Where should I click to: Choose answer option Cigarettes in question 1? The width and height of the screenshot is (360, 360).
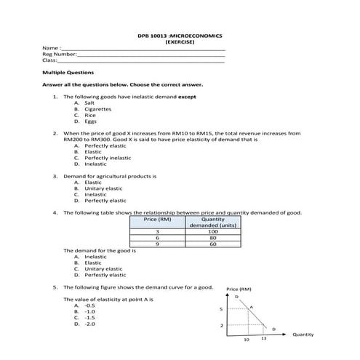(97, 109)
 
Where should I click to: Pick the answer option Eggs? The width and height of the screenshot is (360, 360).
(90, 121)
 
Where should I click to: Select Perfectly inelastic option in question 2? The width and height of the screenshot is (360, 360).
(108, 158)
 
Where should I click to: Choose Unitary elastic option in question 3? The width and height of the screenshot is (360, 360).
(103, 188)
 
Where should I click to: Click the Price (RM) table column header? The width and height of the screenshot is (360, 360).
(157, 219)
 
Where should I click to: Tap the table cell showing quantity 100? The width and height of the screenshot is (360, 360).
(212, 231)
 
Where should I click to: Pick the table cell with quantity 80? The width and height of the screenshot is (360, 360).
(212, 238)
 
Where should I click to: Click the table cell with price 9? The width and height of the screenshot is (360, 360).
(157, 244)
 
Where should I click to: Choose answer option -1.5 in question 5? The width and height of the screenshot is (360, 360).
(90, 318)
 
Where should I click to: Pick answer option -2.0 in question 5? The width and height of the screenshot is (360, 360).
(90, 324)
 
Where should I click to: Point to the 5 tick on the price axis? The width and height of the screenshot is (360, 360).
(221, 310)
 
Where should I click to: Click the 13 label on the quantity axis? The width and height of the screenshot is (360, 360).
(264, 340)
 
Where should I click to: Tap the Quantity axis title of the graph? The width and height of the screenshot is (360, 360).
(303, 335)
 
